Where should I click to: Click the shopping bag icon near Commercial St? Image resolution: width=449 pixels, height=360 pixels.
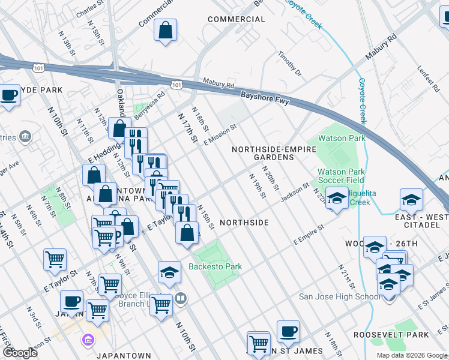(165, 30)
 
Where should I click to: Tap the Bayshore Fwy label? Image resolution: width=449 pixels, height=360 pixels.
(265, 98)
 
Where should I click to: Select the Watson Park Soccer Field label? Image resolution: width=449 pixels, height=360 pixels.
(341, 175)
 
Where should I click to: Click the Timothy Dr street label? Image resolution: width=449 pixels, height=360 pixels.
(289, 64)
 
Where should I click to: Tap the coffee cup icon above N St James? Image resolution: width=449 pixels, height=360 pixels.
(288, 330)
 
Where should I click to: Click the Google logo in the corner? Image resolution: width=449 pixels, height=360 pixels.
(20, 353)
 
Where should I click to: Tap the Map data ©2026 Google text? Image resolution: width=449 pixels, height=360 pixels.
(412, 355)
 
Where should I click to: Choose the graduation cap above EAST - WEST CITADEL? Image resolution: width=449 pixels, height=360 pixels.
(412, 199)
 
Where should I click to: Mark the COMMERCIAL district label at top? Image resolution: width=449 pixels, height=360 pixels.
(236, 19)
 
